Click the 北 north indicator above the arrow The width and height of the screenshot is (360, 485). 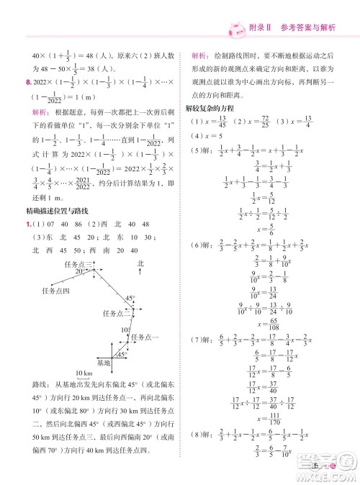point(141,265)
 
